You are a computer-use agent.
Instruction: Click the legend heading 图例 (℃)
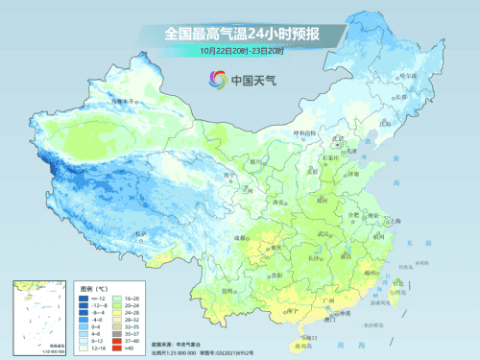(x=93, y=285)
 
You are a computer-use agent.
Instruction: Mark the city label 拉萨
(x=140, y=233)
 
